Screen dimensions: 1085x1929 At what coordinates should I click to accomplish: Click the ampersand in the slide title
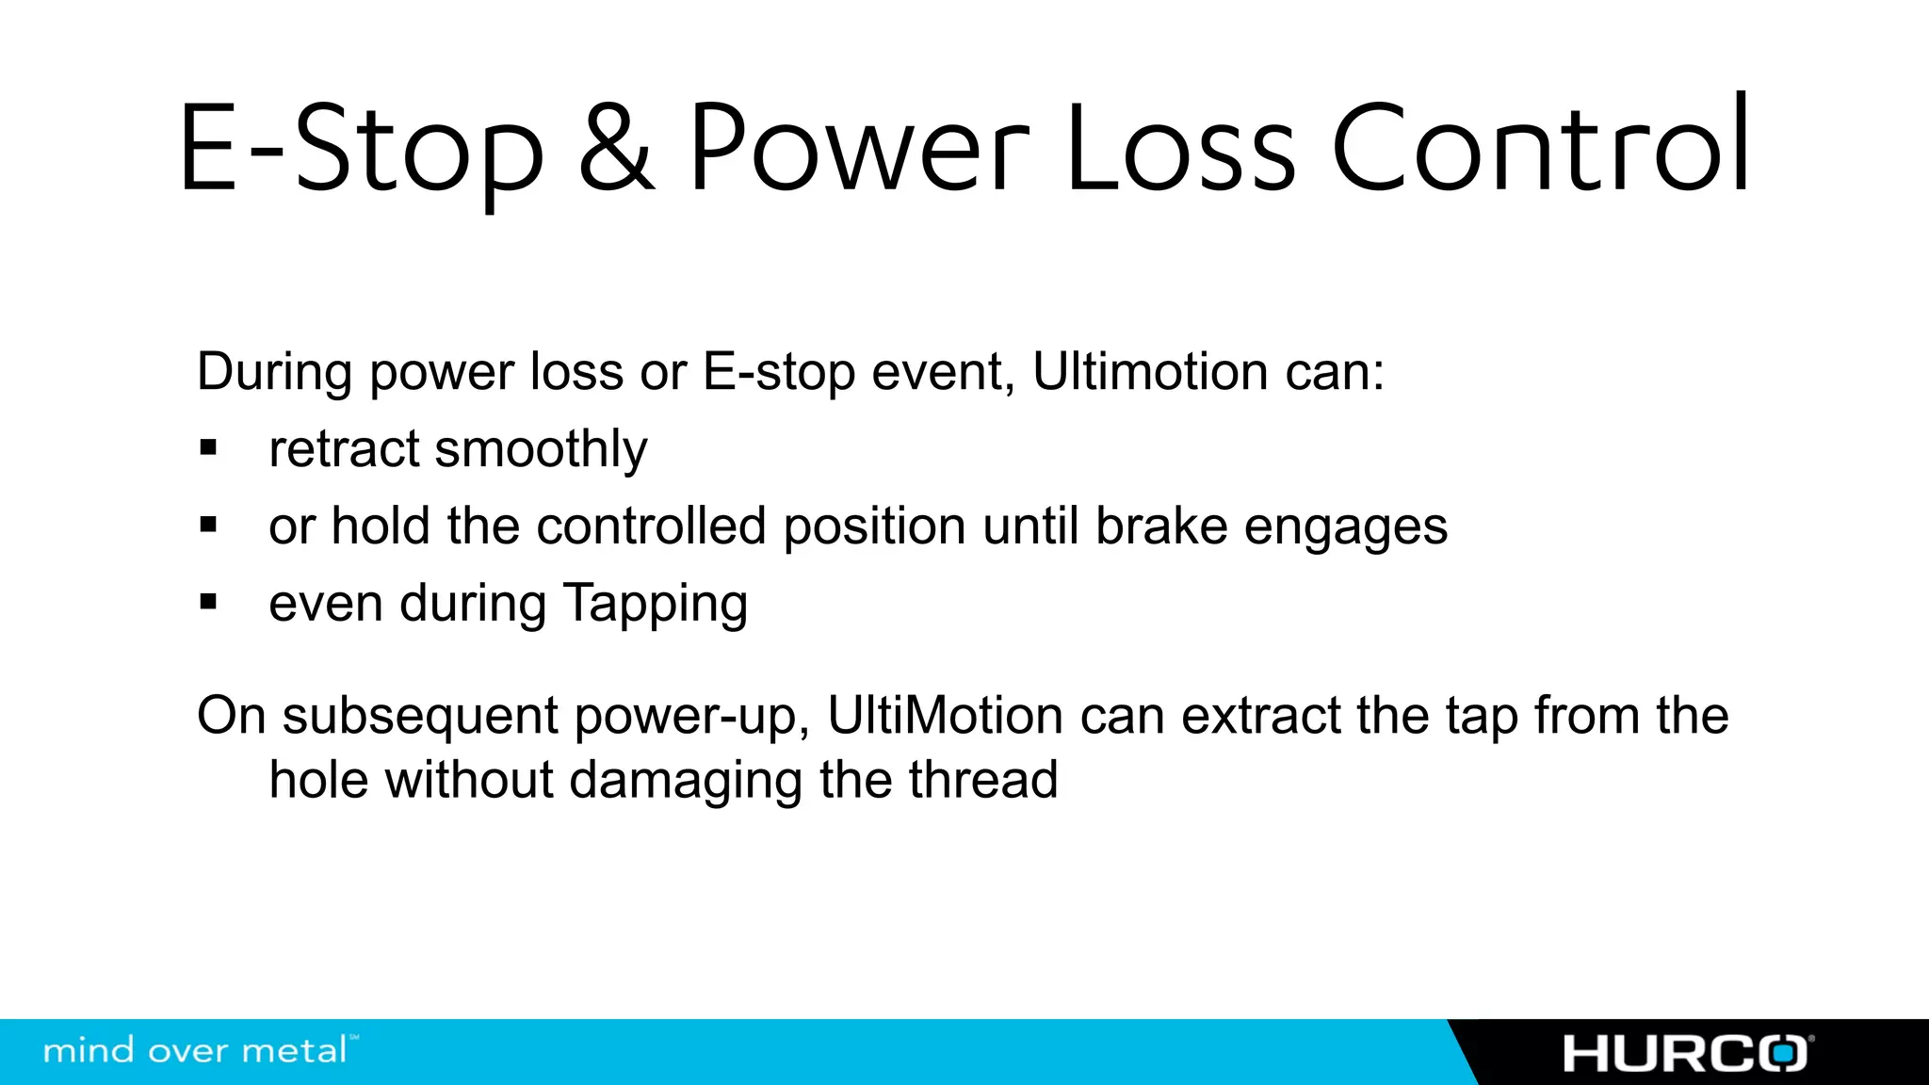[616, 149]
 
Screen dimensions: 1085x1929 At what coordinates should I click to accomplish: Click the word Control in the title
[1541, 149]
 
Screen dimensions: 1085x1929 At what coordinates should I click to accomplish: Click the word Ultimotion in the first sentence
[1150, 371]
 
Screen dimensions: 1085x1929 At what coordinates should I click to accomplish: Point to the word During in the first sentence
[274, 371]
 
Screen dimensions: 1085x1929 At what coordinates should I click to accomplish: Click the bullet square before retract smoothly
[208, 447]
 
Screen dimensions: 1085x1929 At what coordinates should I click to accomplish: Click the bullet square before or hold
[208, 525]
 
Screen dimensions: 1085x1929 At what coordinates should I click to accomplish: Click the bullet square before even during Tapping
[208, 602]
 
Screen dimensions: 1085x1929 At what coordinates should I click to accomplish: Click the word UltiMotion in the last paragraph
[945, 716]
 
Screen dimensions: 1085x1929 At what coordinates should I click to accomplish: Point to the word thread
[983, 780]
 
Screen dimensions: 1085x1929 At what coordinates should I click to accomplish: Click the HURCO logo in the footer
[1685, 1053]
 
